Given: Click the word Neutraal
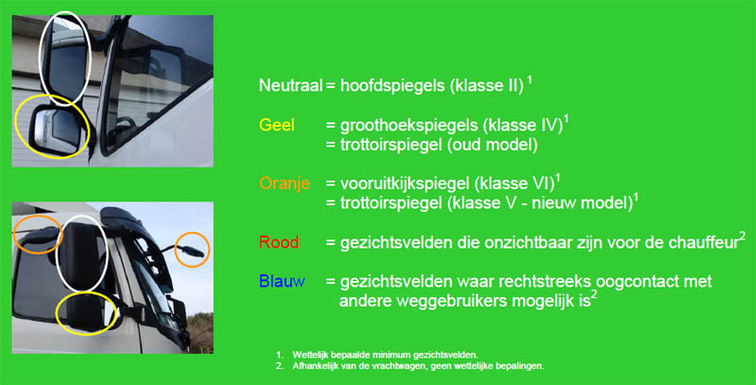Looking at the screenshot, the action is pyautogui.click(x=290, y=85).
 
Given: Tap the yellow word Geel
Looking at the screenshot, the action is pyautogui.click(x=277, y=125).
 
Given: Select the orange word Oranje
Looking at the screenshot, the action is pyautogui.click(x=284, y=184).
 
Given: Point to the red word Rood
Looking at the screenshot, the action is pyautogui.click(x=279, y=242).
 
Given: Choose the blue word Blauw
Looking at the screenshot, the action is pyautogui.click(x=282, y=281).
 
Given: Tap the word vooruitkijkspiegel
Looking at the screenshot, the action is pyautogui.click(x=404, y=184).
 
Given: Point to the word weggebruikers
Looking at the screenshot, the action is pyautogui.click(x=446, y=301).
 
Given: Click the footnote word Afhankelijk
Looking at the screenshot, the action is pyautogui.click(x=313, y=366).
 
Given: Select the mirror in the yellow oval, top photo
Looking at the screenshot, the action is pyautogui.click(x=53, y=130).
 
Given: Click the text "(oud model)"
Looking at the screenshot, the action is pyautogui.click(x=491, y=146).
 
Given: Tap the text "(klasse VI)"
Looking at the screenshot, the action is pyautogui.click(x=514, y=184).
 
